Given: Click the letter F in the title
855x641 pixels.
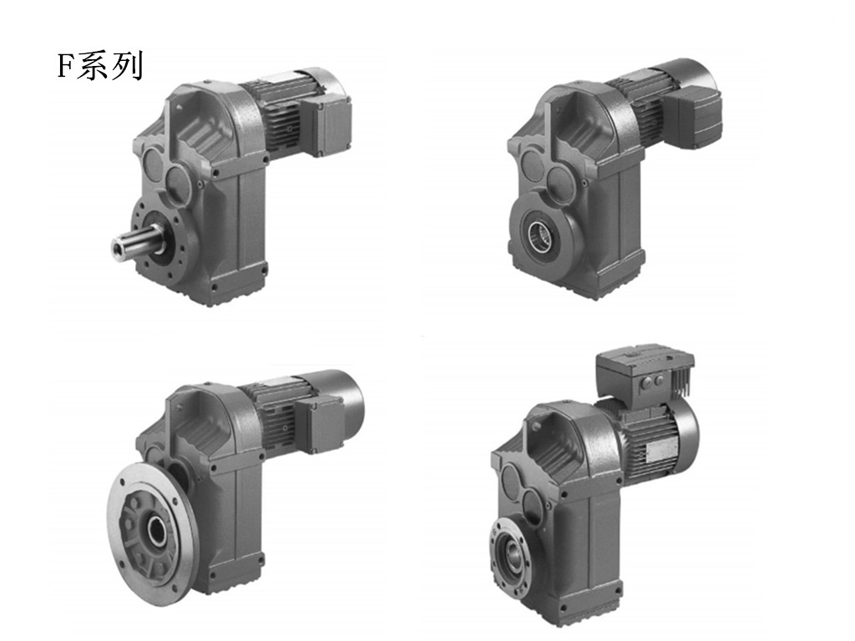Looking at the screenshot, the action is tap(65, 67).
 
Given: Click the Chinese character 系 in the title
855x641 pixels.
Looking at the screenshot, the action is tap(92, 67).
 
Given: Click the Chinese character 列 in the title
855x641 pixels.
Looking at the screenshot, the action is tap(126, 67).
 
